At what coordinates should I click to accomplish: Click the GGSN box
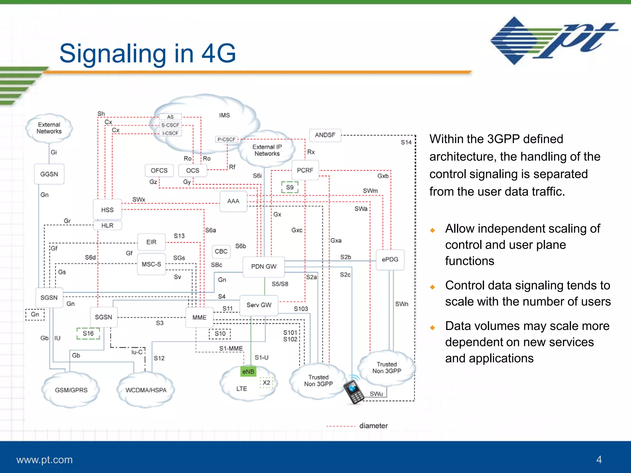[49, 174]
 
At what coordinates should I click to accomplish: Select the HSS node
[107, 210]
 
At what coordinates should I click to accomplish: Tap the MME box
[199, 317]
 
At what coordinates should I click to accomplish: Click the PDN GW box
[263, 266]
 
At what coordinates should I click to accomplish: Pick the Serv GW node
[259, 305]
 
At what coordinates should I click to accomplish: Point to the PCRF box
[305, 170]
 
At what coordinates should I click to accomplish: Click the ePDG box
[390, 259]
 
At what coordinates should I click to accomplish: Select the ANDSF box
[325, 135]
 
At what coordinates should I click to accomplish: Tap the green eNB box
[248, 371]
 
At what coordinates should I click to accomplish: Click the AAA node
[233, 201]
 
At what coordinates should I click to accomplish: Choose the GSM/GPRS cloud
[71, 390]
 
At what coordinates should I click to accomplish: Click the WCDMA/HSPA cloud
[146, 390]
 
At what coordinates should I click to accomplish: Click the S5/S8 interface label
[280, 284]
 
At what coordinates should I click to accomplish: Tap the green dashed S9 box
[290, 187]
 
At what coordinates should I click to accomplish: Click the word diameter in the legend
[373, 426]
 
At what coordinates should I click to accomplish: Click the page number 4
[599, 459]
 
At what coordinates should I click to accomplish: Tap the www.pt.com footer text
[44, 459]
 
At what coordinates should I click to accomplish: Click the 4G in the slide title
[218, 53]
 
